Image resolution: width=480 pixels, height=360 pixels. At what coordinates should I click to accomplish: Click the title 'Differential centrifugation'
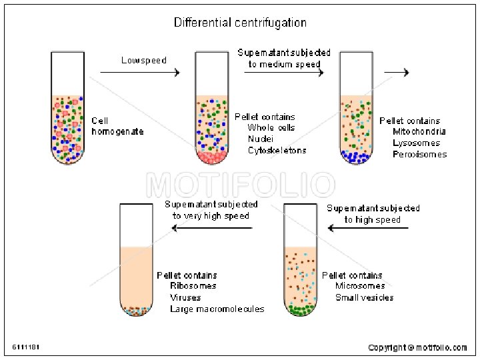point(241,23)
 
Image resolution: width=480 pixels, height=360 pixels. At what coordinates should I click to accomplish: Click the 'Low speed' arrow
point(141,71)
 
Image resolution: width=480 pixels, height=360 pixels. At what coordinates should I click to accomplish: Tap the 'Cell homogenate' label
point(117,126)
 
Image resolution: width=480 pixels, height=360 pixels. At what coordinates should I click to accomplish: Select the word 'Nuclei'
point(261,139)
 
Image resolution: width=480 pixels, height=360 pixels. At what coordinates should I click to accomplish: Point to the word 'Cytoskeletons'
point(277,150)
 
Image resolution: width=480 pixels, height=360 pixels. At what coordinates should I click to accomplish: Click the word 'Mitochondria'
point(419,131)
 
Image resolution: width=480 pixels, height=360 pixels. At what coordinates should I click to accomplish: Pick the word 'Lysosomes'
point(417,143)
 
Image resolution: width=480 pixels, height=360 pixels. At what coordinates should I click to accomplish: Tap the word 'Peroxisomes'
point(420,154)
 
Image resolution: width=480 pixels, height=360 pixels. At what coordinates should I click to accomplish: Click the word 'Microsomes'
point(360,286)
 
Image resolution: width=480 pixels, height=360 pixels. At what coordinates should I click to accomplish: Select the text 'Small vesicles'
point(365,297)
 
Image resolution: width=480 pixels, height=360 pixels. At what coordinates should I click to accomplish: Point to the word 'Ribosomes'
point(193,286)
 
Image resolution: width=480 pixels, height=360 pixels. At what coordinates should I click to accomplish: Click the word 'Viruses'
point(185,297)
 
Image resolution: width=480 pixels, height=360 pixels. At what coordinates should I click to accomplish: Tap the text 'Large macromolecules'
point(217,309)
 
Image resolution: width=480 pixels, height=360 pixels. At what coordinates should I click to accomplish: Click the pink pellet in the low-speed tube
point(212,157)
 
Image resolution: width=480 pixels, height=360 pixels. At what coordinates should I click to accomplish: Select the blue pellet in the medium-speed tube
point(356,157)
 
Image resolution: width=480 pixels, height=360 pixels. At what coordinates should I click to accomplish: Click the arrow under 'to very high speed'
point(212,228)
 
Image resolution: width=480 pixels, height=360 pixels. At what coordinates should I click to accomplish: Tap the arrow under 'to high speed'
point(369,228)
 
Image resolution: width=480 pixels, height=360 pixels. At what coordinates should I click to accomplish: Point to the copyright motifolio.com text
point(417,347)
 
